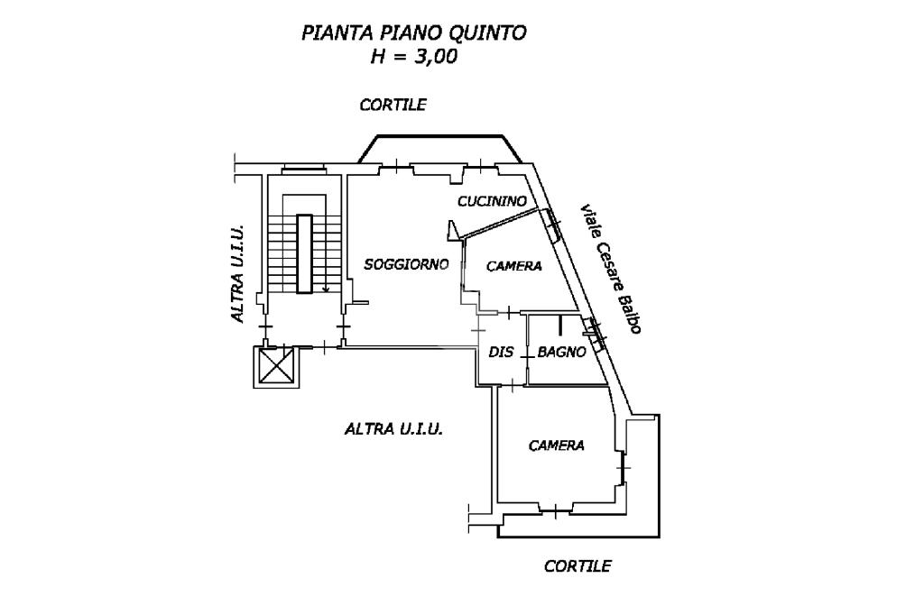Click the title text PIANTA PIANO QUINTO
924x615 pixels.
click(413, 33)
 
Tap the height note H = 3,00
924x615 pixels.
click(413, 57)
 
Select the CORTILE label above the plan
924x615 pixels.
click(393, 105)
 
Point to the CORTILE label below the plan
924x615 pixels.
click(577, 566)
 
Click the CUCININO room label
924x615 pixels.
click(492, 201)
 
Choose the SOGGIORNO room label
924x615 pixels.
click(407, 264)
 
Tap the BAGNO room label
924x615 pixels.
click(561, 352)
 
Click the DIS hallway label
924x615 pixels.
click(502, 352)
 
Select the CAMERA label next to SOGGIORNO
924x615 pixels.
click(513, 266)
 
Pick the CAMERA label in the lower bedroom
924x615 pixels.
click(556, 445)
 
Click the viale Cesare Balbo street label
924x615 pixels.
click(611, 269)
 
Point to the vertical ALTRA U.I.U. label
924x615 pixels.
click(237, 273)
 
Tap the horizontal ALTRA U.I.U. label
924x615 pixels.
click(393, 428)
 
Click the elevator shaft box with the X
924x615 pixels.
click(276, 366)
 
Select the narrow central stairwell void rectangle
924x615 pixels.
click(304, 254)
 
